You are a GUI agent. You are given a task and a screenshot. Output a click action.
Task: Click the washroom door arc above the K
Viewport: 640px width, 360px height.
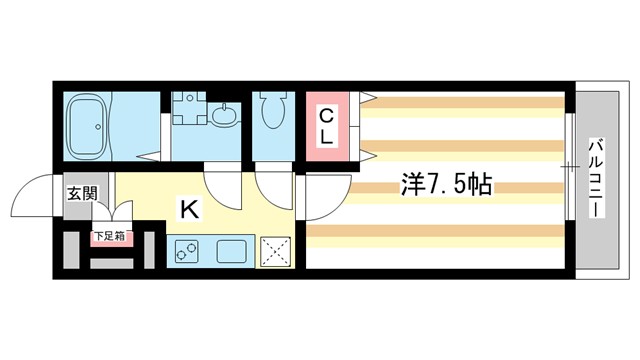pyautogui.click(x=221, y=184)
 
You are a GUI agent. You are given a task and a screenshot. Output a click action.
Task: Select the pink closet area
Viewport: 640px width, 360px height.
pyautogui.click(x=327, y=126)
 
